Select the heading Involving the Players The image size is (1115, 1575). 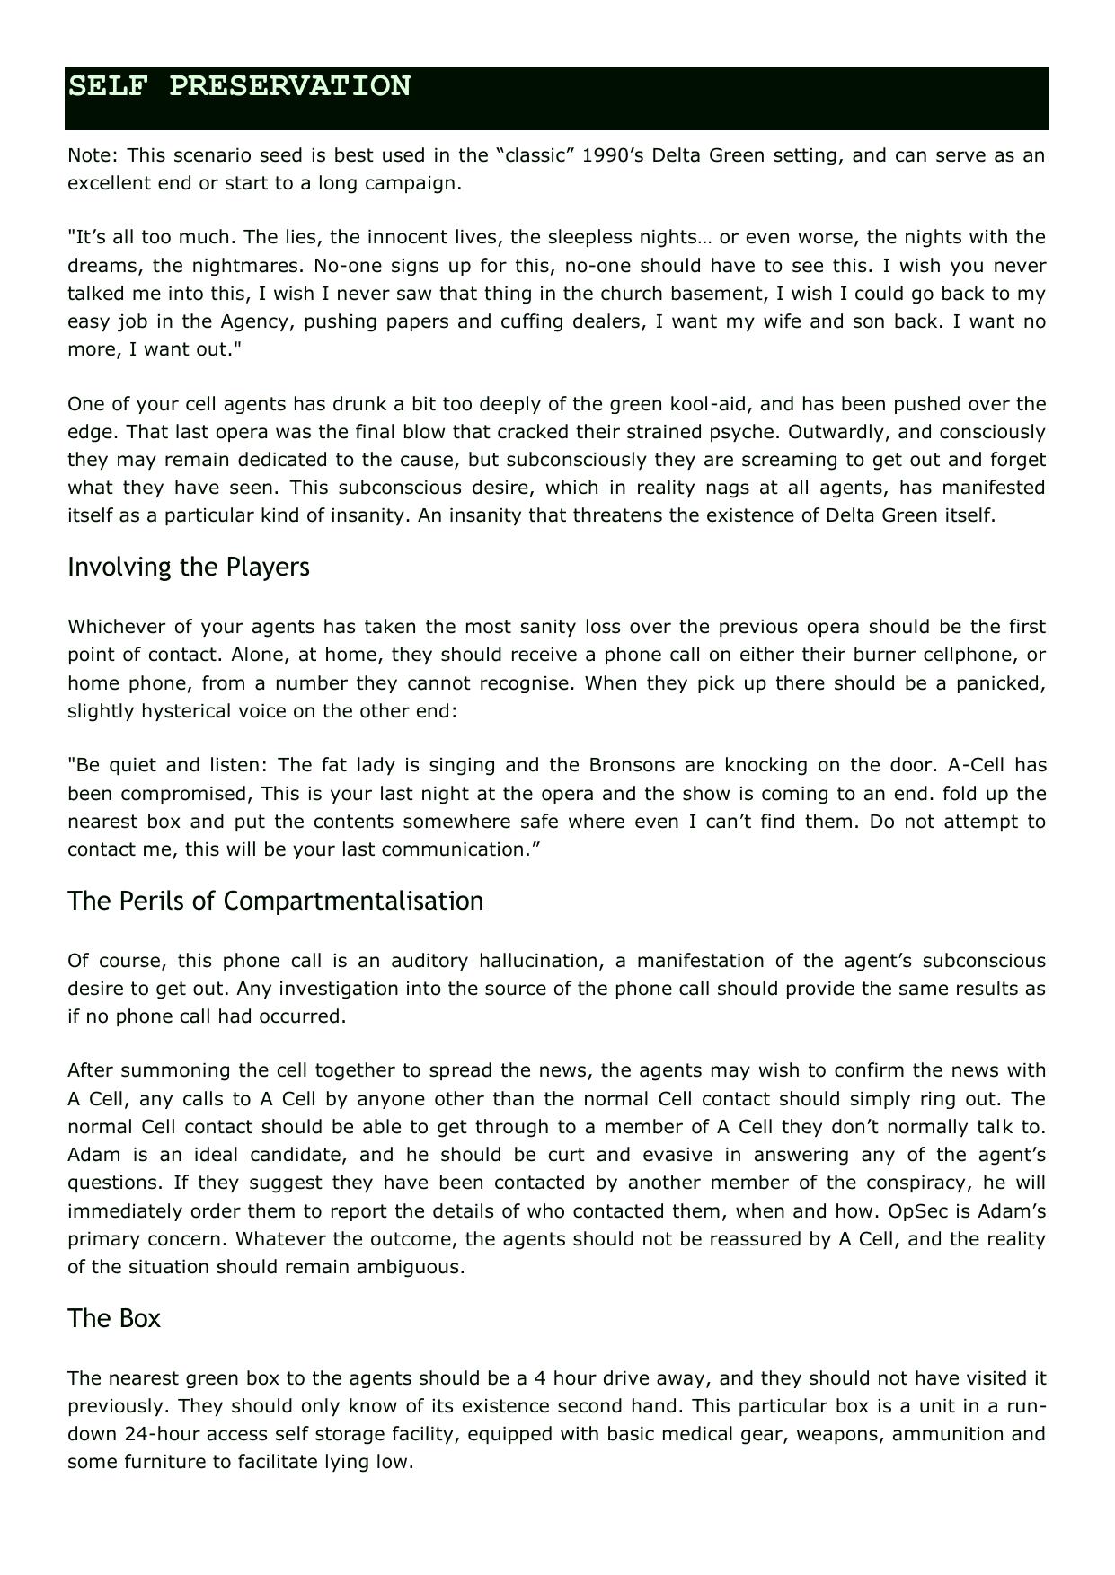point(189,568)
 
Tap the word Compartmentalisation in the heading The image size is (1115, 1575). point(353,902)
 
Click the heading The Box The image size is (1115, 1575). point(114,1319)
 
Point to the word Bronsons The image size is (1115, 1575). point(632,766)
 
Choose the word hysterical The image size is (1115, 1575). point(183,711)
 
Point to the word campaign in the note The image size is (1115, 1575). point(420,183)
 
